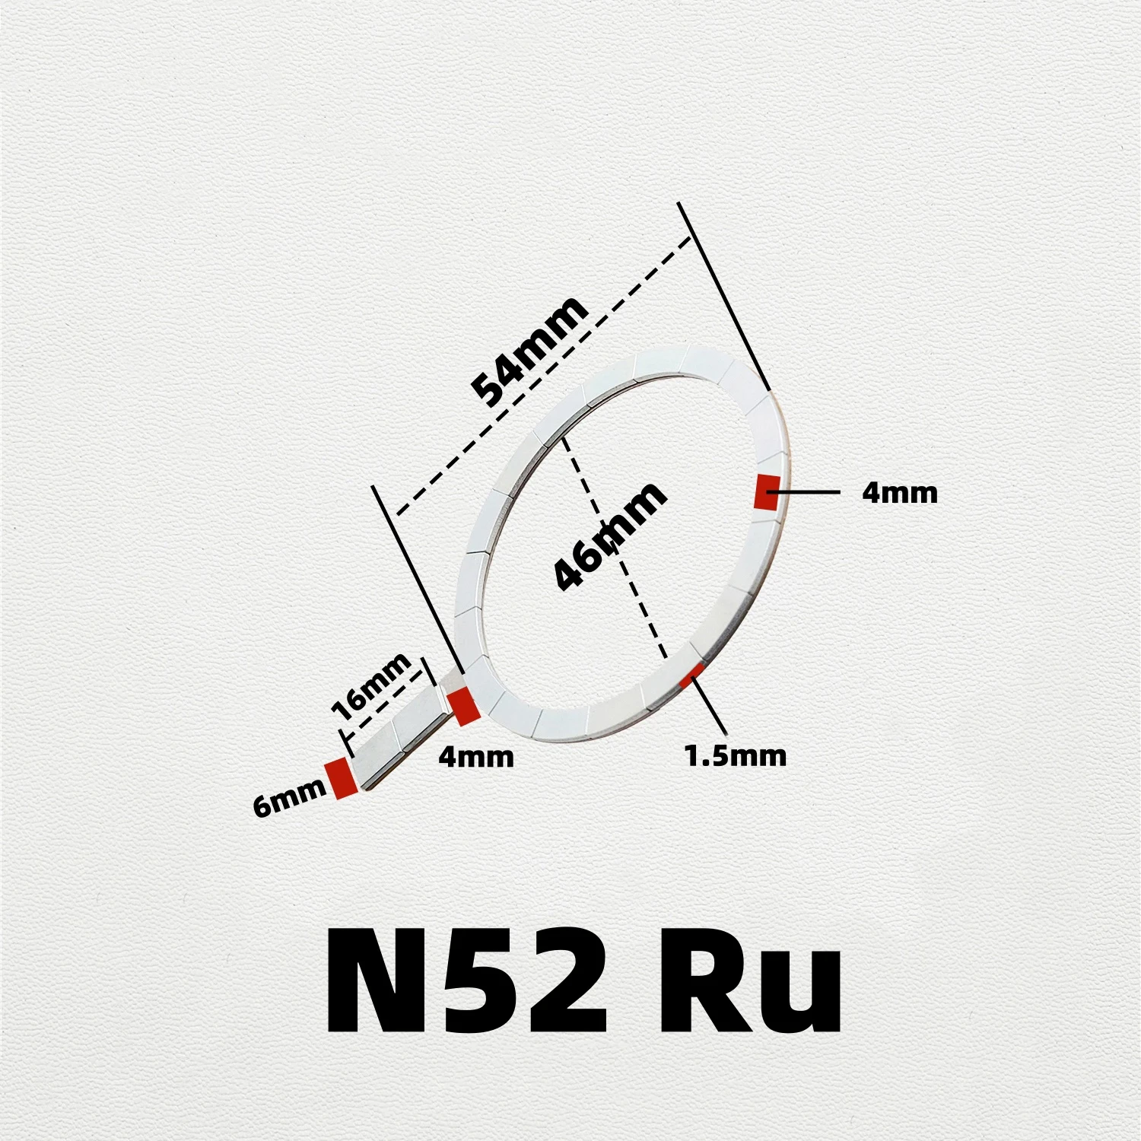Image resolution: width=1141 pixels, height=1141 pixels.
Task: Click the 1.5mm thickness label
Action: click(x=735, y=756)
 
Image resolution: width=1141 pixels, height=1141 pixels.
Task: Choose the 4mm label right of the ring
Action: click(x=899, y=493)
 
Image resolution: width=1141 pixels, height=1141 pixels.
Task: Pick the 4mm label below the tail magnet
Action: click(x=476, y=757)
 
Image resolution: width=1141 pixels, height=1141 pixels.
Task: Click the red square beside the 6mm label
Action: click(x=342, y=778)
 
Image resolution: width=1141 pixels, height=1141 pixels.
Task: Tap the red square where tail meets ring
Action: click(x=462, y=706)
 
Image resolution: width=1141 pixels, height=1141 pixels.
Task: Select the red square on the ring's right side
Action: click(x=765, y=492)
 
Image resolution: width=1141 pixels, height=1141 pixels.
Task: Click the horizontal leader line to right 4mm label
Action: click(x=806, y=492)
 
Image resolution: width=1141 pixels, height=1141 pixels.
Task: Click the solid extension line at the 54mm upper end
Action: click(x=723, y=297)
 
